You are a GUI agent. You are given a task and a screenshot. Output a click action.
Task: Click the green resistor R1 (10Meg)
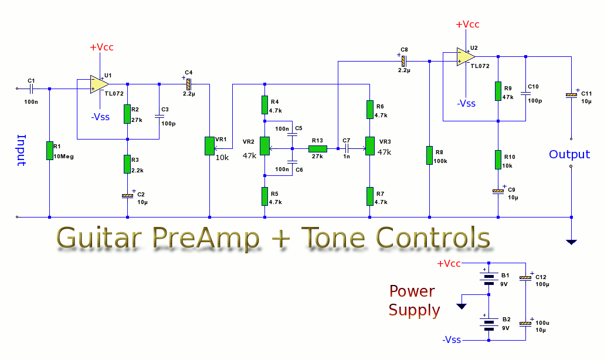click(x=50, y=151)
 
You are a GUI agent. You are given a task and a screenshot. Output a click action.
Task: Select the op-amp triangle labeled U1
click(x=99, y=84)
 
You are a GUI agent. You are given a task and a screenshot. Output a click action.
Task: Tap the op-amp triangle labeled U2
click(x=466, y=57)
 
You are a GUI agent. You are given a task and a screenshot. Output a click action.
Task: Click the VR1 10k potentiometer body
click(x=209, y=146)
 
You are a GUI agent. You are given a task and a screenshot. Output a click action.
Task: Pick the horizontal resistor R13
click(x=318, y=148)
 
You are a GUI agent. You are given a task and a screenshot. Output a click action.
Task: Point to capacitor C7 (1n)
click(x=347, y=148)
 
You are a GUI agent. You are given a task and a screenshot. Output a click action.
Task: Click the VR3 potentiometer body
click(x=370, y=146)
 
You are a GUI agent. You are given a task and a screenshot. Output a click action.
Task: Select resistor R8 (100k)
click(x=429, y=155)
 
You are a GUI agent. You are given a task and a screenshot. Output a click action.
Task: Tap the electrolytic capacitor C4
click(x=188, y=84)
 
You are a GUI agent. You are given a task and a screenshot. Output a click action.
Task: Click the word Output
click(x=569, y=154)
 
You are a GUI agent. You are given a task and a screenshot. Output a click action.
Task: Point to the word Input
click(x=22, y=150)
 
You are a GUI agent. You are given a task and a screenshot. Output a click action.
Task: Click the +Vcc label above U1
click(x=101, y=47)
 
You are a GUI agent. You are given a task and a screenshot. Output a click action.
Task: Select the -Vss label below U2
click(x=466, y=103)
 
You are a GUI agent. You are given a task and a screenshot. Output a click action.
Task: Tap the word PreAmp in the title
click(x=206, y=237)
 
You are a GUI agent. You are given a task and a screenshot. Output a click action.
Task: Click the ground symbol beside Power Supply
click(x=462, y=306)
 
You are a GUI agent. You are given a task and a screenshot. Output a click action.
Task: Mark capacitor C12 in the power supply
click(x=525, y=277)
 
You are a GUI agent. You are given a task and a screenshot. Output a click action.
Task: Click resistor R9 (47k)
click(x=498, y=91)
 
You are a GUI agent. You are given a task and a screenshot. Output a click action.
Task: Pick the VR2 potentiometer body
click(x=264, y=146)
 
